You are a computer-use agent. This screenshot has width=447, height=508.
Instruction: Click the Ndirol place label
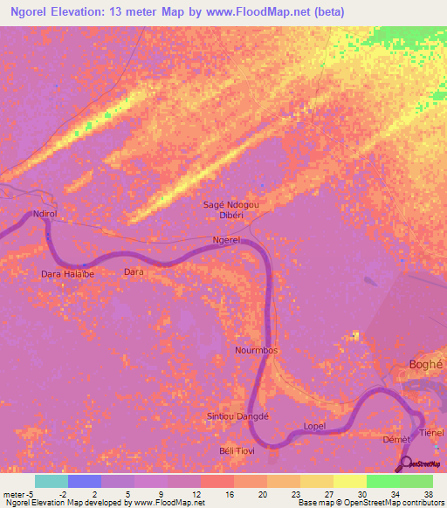tap(44, 214)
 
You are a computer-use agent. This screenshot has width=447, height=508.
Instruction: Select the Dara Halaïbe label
tap(67, 274)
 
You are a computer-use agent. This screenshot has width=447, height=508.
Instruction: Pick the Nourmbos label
tap(256, 350)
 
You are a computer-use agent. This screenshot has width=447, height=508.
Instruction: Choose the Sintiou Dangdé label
tap(237, 415)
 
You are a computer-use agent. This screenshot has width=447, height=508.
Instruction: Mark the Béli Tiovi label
tap(237, 450)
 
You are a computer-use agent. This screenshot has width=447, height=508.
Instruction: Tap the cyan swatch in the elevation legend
tap(52, 481)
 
